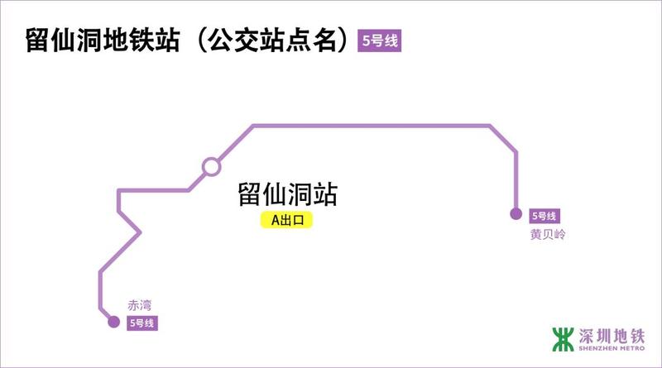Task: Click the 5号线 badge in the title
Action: [x=379, y=41]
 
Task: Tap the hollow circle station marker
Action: [x=211, y=166]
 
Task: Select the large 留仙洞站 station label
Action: [x=287, y=195]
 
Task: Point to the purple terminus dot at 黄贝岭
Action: [x=516, y=214]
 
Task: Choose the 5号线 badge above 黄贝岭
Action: [x=544, y=216]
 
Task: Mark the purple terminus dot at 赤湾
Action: [x=114, y=322]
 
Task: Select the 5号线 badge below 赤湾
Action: [x=142, y=323]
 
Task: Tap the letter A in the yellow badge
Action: [x=276, y=221]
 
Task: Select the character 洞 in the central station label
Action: [x=300, y=195]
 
